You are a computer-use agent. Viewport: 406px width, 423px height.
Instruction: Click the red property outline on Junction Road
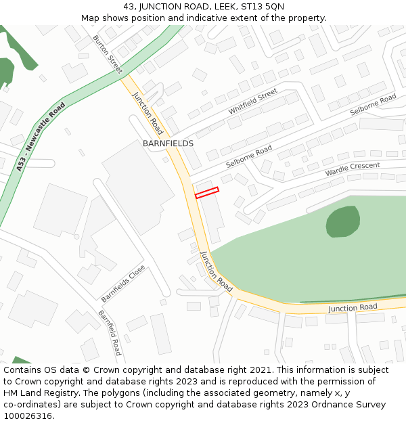(x=207, y=192)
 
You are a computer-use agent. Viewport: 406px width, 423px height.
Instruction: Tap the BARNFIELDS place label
(x=168, y=143)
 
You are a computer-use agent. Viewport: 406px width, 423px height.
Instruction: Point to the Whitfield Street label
(x=252, y=102)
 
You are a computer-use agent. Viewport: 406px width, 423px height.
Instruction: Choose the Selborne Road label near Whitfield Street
(x=249, y=157)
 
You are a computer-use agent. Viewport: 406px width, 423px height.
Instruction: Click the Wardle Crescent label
(x=353, y=169)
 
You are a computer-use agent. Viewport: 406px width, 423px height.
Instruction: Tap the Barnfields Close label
(x=123, y=283)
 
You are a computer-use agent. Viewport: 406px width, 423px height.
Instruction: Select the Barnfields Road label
(x=110, y=332)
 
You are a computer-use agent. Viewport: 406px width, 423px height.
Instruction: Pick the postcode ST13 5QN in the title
(x=265, y=7)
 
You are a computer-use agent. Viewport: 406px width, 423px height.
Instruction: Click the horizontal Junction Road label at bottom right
(x=353, y=308)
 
